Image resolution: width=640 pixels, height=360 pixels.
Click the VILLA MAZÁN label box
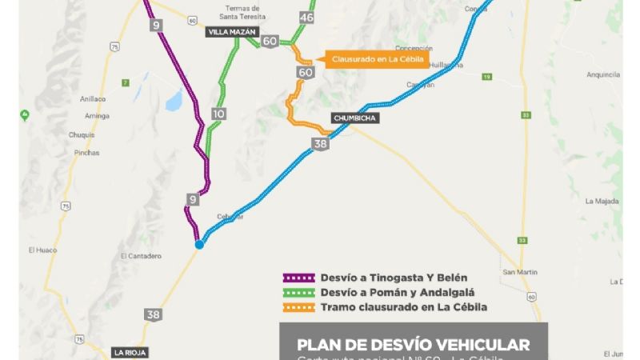click(x=231, y=32)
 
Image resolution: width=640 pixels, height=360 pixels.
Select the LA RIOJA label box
click(x=130, y=353)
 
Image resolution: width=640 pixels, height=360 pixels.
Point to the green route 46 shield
click(x=306, y=17)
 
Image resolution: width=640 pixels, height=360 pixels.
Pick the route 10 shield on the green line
click(x=218, y=114)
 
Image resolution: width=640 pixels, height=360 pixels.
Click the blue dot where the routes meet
click(x=199, y=245)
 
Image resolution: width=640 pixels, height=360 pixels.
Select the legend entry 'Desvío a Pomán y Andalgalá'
click(x=380, y=293)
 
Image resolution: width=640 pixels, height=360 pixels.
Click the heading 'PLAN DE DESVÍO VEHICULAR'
click(x=414, y=345)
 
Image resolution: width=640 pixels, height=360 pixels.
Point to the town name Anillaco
click(x=93, y=99)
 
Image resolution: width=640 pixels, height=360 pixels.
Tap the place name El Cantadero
click(x=141, y=256)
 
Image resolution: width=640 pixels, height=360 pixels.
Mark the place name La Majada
click(x=602, y=201)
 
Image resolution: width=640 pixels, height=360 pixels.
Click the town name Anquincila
click(x=602, y=74)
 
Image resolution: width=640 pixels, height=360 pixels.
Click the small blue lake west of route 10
click(x=172, y=101)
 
